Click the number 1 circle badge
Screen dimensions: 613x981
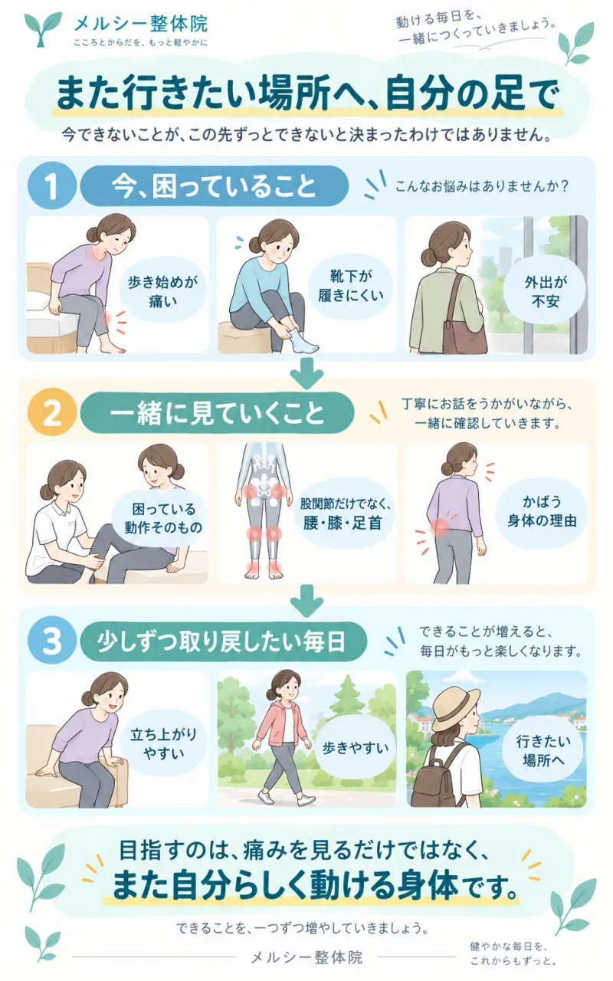click(x=51, y=186)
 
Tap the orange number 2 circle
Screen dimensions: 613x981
click(x=51, y=413)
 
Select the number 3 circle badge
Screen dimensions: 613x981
click(x=51, y=641)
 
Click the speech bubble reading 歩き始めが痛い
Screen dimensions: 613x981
click(x=163, y=291)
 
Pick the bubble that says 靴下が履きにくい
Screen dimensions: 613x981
click(x=351, y=286)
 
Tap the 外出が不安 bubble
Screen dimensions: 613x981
click(x=545, y=290)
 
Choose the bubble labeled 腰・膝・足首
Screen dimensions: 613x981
click(x=343, y=513)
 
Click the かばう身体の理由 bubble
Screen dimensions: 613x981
click(x=542, y=511)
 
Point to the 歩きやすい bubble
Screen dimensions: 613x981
click(x=355, y=748)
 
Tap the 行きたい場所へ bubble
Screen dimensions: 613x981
click(x=543, y=750)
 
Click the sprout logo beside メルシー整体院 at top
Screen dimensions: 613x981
click(x=42, y=29)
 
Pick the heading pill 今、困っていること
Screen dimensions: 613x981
click(x=214, y=186)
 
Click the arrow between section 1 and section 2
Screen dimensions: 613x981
click(x=307, y=373)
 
